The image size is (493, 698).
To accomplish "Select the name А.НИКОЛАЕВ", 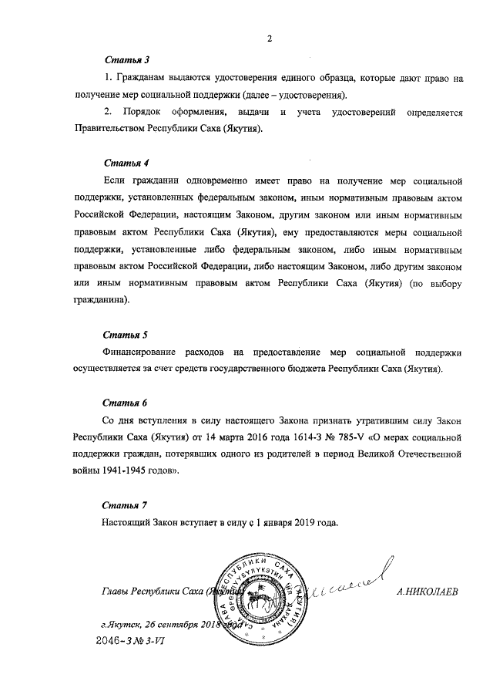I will click(425, 592).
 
